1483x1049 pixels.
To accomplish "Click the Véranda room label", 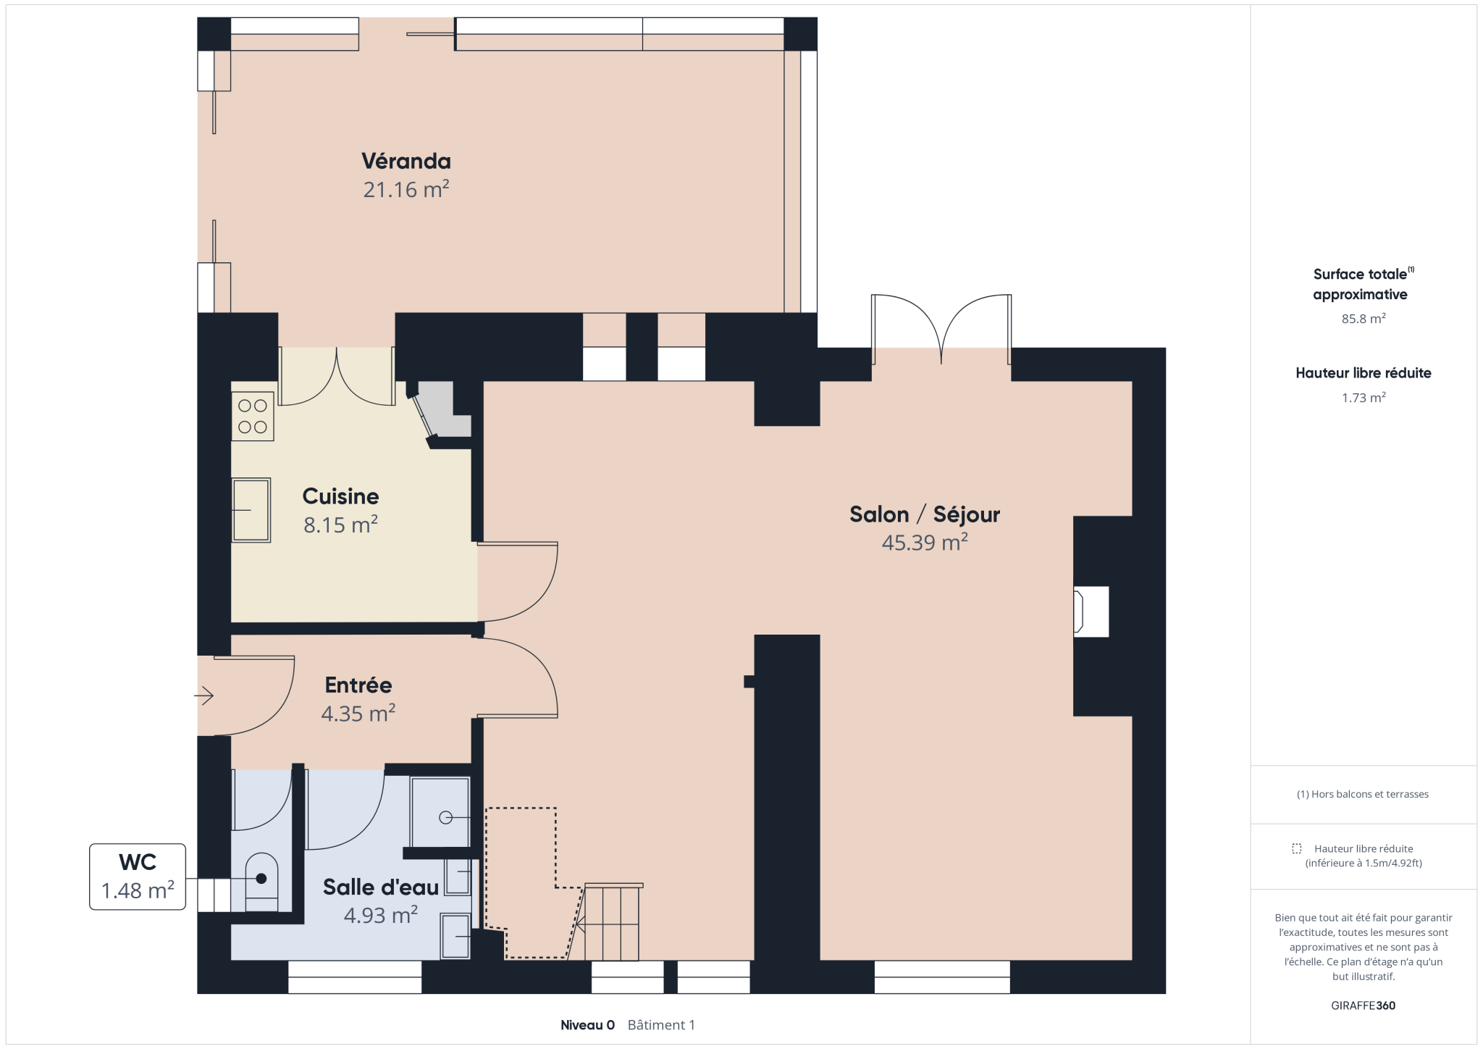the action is pos(406,161).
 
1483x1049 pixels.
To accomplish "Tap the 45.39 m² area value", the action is pos(925,543).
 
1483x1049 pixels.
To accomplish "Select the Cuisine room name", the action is pos(340,496).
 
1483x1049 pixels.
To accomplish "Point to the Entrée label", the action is pos(358,685).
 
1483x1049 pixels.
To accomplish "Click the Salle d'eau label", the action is pos(381,887).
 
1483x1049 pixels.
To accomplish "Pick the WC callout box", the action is pos(138,877).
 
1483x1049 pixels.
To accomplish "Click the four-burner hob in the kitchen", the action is pos(253,417).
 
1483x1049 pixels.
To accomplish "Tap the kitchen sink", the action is pos(251,510).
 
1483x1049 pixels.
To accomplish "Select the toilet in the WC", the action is pos(261,882).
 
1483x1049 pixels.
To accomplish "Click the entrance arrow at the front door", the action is pos(203,696).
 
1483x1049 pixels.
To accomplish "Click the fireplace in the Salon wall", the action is pos(1091,611).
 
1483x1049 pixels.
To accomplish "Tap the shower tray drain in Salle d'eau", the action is pos(445,818).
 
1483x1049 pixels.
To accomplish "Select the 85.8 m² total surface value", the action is pos(1364,319).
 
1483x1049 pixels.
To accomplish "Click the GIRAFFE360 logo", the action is pos(1363,1006).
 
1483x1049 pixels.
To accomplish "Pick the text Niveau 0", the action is pos(587,1025).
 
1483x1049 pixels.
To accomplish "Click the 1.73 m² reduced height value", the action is pos(1364,398).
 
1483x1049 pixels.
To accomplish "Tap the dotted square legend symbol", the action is pos(1296,848).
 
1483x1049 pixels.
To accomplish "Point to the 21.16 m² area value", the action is pos(406,190).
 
